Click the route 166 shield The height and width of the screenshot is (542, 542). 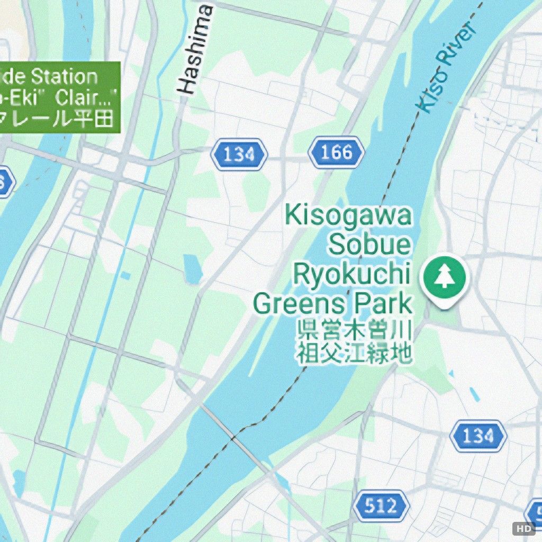(337, 153)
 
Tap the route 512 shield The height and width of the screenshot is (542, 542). (381, 506)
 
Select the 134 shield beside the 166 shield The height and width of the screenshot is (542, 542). (239, 155)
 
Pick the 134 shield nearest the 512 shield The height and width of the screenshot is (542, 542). (478, 436)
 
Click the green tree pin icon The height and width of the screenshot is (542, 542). (445, 277)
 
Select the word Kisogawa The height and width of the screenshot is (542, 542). (348, 216)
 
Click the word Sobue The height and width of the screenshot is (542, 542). (369, 245)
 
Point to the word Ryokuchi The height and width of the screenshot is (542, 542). (352, 275)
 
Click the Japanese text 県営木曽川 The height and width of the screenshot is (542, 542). (353, 331)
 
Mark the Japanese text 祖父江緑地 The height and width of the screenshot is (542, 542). (353, 354)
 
